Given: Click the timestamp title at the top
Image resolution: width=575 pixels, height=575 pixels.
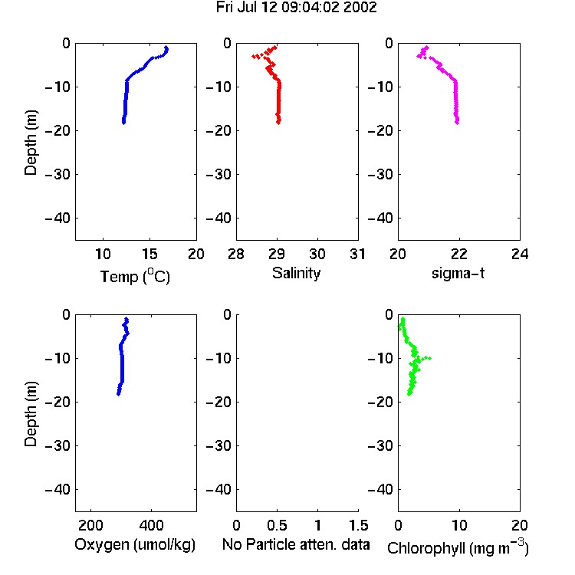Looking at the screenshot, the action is click(296, 8).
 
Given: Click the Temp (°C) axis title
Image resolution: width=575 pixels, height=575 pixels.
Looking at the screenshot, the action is click(135, 276).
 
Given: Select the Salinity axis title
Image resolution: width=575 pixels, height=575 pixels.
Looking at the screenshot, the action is click(296, 273).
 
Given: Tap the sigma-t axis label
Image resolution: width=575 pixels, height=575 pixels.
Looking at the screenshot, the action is click(458, 273).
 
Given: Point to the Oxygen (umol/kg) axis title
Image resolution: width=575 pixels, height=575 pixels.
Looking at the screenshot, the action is click(135, 545).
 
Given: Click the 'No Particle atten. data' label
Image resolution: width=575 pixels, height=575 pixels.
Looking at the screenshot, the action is click(296, 544).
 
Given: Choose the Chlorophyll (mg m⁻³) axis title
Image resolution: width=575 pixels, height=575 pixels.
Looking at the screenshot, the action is click(458, 547).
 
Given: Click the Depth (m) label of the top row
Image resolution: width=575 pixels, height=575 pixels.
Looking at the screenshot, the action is click(31, 143).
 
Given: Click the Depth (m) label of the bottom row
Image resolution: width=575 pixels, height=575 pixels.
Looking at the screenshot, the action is click(31, 414).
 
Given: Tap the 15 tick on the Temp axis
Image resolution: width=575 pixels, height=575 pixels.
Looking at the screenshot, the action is click(149, 254).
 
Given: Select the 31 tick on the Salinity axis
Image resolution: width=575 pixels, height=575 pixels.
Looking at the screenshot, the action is click(357, 254).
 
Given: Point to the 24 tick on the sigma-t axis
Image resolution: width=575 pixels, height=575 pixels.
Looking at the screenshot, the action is click(520, 254).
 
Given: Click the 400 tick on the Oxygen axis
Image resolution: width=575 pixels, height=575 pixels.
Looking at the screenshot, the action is click(151, 525).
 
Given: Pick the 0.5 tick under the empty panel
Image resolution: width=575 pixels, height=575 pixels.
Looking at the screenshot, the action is click(277, 525).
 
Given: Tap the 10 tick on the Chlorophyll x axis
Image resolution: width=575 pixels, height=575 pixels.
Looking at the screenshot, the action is click(459, 525).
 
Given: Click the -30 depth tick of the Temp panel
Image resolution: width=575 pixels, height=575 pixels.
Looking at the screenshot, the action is click(58, 175).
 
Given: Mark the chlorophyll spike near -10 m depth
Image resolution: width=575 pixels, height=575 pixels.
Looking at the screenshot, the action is click(429, 358).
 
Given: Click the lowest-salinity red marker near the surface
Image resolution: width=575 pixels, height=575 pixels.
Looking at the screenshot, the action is click(254, 56).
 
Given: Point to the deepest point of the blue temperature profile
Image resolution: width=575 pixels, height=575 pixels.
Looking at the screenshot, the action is click(123, 123).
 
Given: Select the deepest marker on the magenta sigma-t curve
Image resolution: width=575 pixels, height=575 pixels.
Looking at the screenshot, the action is click(457, 123).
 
